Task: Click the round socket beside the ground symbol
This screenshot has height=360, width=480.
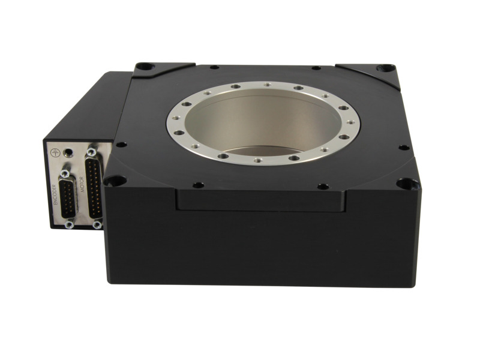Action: coord(70,152)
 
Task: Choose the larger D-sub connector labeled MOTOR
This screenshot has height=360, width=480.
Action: coord(95,187)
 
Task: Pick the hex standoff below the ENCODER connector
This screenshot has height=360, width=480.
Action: coord(69,224)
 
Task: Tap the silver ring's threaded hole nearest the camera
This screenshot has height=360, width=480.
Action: coord(257,160)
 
